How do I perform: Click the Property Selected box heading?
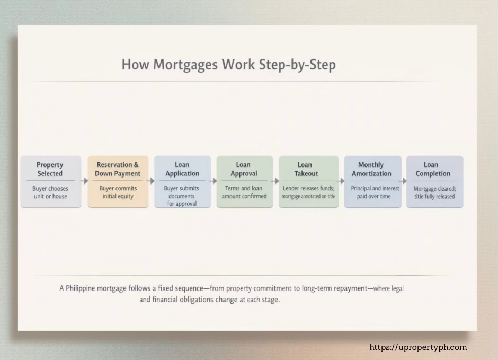50,169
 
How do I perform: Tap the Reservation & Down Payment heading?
118,169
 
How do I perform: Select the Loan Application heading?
182,169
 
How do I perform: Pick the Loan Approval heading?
244,169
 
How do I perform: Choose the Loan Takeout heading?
306,169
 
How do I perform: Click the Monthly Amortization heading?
371,169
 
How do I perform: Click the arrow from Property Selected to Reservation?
84,181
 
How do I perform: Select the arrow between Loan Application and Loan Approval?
213,181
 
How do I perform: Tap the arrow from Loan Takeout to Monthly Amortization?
341,181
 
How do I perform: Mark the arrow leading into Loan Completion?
403,181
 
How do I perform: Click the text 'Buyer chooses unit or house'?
50,192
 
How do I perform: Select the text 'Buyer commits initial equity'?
118,192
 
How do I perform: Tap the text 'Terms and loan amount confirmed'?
244,192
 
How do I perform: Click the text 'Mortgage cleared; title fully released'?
434,192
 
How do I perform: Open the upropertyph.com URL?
418,348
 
